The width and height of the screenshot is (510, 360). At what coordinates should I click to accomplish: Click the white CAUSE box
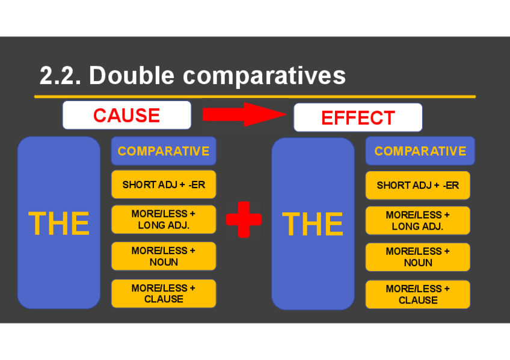126,115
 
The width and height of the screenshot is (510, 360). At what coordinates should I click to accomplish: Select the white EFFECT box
358,117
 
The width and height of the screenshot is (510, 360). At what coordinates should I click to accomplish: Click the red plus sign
244,220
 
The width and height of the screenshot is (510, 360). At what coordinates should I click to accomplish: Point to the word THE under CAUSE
59,224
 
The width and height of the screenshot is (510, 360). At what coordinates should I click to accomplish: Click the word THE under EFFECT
313,224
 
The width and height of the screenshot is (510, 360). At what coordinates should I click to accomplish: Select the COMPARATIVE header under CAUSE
164,151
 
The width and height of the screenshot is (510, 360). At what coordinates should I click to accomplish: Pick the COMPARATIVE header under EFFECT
420,151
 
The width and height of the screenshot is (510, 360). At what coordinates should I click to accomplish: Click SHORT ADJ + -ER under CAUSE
164,185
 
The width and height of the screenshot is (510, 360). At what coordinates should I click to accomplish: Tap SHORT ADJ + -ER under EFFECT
417,185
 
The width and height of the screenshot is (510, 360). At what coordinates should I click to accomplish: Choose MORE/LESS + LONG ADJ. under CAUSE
164,219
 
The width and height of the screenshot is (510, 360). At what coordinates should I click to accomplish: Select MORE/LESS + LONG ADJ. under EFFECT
417,221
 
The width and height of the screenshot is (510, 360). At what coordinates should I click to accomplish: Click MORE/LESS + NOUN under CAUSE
164,256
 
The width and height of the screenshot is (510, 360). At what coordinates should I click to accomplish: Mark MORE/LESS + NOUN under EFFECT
417,257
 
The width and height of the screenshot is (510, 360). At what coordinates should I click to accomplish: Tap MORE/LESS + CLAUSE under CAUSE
164,293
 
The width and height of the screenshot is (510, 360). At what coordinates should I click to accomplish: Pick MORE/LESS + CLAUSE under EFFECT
417,294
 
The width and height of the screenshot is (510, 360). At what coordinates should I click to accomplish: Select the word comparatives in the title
264,76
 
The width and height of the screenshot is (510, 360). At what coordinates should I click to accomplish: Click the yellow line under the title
255,96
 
